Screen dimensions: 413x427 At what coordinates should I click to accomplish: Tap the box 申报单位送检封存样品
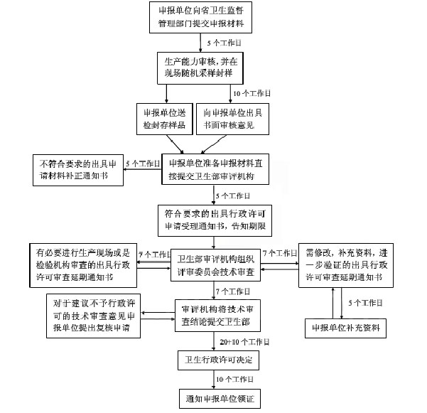click(162, 118)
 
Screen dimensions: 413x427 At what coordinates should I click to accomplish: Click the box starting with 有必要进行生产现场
click(83, 265)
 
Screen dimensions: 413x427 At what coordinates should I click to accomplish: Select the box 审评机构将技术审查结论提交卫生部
click(216, 311)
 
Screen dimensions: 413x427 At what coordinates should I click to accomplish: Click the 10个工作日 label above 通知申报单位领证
click(236, 380)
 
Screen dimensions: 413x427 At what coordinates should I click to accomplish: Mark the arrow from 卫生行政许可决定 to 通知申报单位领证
click(215, 380)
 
